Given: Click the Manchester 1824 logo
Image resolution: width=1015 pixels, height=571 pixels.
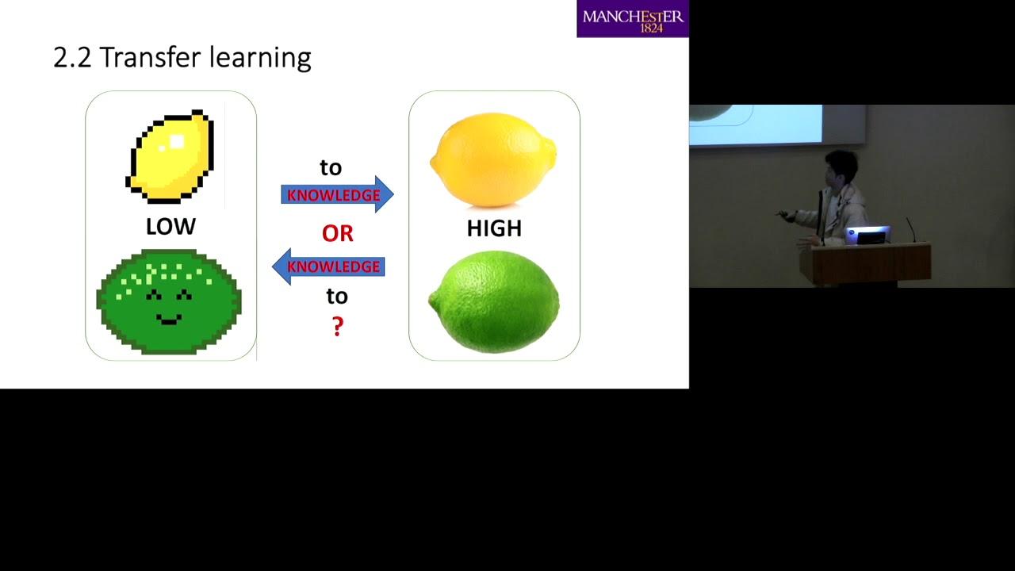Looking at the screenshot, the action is pos(633,18).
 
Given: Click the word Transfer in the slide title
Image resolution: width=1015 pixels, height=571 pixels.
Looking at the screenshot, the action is pos(151,57).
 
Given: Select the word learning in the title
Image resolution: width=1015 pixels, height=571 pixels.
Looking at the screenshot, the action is pos(261,59).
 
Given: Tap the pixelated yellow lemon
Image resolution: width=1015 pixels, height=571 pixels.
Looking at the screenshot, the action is pos(170,156).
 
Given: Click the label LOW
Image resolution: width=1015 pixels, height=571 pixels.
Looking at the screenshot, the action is pos(170,226).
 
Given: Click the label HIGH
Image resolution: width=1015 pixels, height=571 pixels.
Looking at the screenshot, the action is pos(494,228).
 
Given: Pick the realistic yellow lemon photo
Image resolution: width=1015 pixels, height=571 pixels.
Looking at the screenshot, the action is pos(493,159).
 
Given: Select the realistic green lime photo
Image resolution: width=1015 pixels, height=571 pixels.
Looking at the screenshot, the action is pos(494,301).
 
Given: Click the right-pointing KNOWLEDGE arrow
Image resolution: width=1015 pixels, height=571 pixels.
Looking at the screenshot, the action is pos(337,194).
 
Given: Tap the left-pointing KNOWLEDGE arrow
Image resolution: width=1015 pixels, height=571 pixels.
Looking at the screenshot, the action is pos(328,266).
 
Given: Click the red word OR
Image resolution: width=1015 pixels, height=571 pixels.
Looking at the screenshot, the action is pos(338,233).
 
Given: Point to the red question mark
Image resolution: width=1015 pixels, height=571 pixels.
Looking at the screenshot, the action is pos(338,326).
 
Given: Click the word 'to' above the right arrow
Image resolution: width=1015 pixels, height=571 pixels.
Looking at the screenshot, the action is pos(331,167).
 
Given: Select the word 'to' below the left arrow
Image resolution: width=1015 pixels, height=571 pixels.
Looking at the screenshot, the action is pos(337,297).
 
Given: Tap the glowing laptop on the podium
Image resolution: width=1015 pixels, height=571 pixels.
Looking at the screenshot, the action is pos(868,235).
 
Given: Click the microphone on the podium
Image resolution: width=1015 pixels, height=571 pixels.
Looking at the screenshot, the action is pos(911,229).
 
